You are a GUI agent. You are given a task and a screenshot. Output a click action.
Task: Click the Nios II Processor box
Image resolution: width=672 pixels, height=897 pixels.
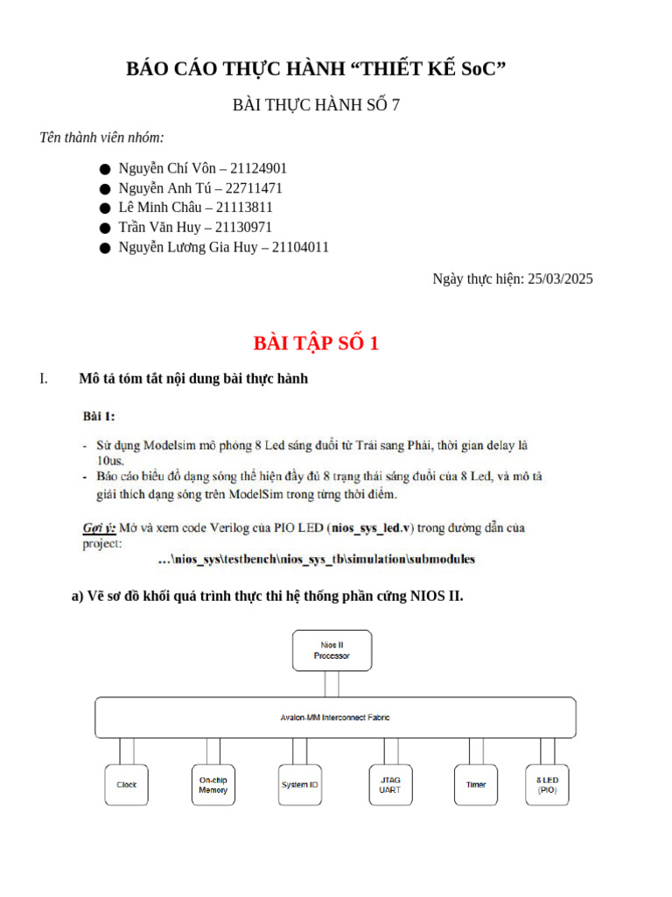pos(332,650)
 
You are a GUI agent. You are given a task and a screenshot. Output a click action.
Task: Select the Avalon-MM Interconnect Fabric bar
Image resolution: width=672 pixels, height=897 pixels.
pos(335,717)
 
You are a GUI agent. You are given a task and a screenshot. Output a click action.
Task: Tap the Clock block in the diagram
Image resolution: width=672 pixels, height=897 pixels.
pos(127,785)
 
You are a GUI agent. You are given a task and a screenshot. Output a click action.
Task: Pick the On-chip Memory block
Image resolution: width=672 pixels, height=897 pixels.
pos(213,785)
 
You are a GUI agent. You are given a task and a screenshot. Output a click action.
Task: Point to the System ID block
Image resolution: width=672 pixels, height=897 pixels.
pos(299,785)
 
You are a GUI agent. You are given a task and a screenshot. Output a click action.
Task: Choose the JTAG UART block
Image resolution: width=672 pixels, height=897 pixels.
pos(389,785)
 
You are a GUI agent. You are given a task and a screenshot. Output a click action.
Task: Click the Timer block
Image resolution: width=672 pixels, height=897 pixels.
pos(476,785)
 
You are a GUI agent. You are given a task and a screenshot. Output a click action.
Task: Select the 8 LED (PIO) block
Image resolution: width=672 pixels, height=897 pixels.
pos(547,785)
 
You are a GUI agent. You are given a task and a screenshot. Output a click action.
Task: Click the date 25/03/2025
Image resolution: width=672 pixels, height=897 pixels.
pos(560,279)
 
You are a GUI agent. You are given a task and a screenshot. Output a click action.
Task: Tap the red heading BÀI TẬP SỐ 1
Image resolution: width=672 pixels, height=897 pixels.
pos(316,343)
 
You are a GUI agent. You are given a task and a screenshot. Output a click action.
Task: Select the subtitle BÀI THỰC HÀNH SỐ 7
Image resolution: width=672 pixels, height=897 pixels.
pos(316,105)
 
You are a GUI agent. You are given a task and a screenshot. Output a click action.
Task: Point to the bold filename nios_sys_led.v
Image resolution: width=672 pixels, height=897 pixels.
pos(367,528)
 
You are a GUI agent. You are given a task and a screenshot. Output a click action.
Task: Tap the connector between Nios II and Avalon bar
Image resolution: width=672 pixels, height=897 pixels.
pos(332,684)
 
